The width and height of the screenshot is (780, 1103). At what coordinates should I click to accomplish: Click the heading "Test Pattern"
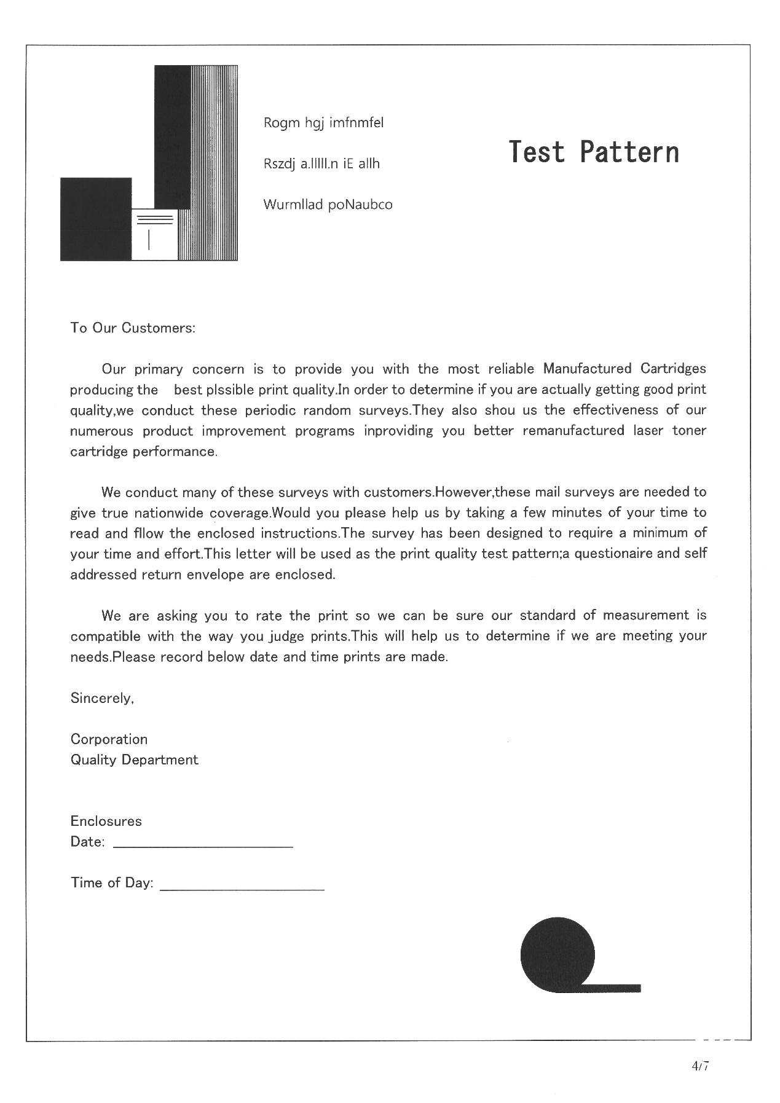[594, 152]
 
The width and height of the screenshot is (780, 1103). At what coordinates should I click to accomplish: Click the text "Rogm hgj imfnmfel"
[323, 123]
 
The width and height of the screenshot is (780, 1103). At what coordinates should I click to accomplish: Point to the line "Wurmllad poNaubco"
[328, 205]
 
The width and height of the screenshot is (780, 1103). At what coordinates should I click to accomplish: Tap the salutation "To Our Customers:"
[133, 328]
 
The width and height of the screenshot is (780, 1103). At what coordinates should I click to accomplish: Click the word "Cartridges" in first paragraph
[673, 369]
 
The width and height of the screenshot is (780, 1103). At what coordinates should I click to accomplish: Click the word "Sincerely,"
[102, 698]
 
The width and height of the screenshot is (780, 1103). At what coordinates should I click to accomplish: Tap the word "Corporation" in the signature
[109, 739]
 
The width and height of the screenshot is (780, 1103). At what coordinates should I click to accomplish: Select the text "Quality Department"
[134, 760]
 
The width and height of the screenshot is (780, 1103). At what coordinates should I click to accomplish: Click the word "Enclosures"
[106, 822]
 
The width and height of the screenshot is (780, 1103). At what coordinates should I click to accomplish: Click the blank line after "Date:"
[203, 846]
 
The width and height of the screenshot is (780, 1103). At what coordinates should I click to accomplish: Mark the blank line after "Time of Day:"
[242, 887]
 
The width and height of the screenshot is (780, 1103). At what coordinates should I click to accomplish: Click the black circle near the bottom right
[557, 954]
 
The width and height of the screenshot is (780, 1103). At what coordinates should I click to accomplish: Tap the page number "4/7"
[700, 1066]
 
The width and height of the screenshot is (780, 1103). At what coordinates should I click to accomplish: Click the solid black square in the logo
[95, 219]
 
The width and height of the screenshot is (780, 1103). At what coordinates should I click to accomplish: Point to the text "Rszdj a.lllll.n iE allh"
[321, 164]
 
